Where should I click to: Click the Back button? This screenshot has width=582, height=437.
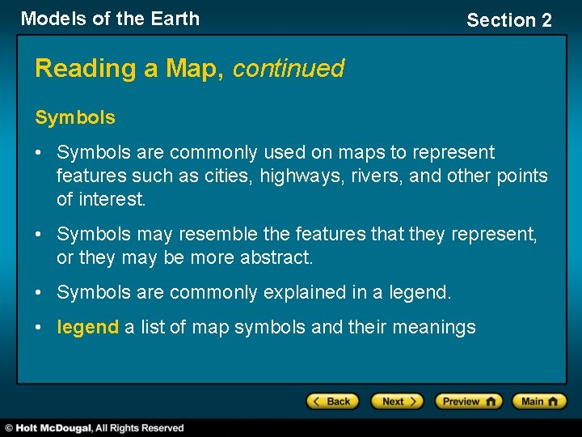pyautogui.click(x=332, y=401)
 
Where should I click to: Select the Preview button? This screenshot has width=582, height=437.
pyautogui.click(x=468, y=401)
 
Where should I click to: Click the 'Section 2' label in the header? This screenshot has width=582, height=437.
pyautogui.click(x=509, y=20)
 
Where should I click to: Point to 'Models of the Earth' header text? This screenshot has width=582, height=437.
pyautogui.click(x=110, y=19)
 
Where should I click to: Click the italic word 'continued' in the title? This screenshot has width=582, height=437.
pyautogui.click(x=289, y=69)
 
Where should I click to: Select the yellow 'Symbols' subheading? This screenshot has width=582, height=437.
pyautogui.click(x=75, y=117)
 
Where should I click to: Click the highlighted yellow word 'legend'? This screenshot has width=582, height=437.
pyautogui.click(x=87, y=327)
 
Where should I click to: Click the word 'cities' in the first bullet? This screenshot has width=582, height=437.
pyautogui.click(x=229, y=176)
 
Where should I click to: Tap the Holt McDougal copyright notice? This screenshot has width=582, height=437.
pyautogui.click(x=95, y=427)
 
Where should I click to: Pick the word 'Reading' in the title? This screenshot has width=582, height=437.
pyautogui.click(x=86, y=69)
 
